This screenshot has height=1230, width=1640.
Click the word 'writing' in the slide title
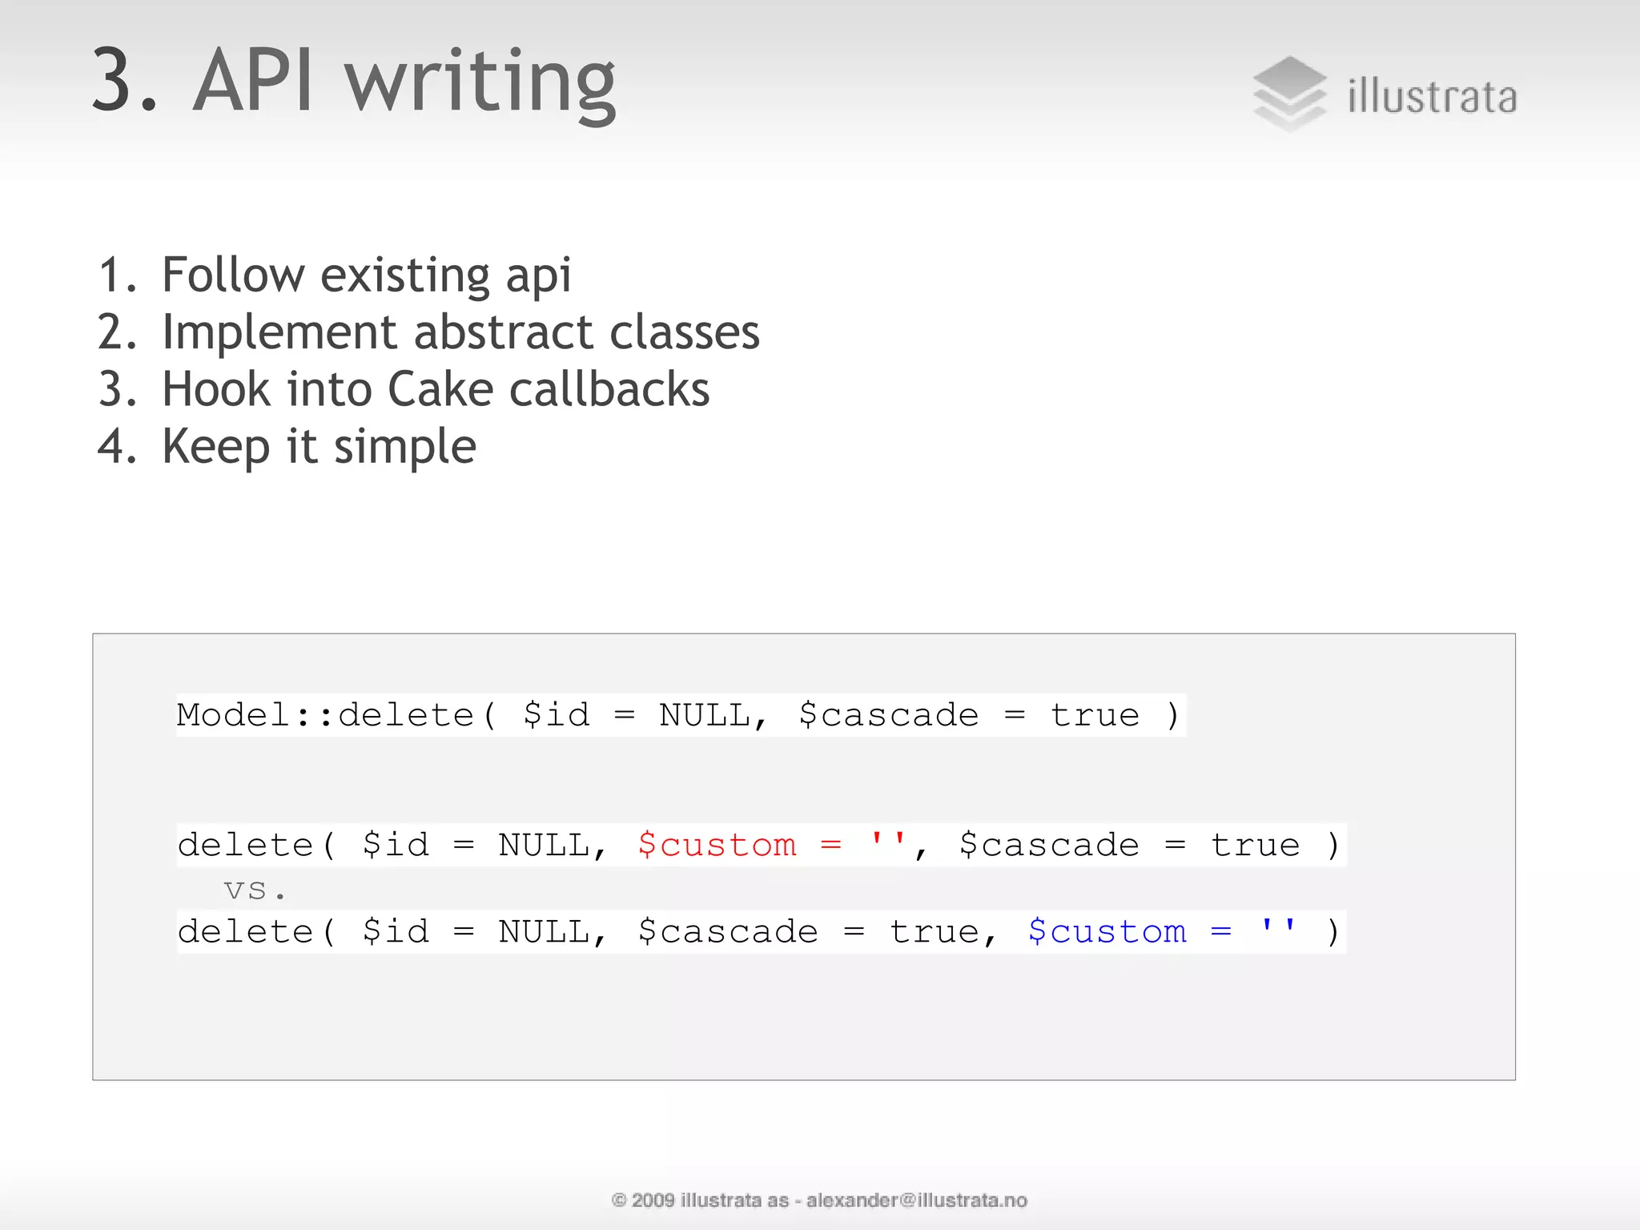(480, 82)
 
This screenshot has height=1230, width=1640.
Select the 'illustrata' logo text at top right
(1432, 98)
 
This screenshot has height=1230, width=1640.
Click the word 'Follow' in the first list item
(233, 275)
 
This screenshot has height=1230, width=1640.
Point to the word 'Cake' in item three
(440, 390)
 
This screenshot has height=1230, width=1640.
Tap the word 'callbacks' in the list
(609, 390)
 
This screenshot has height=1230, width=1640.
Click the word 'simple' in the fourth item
(404, 447)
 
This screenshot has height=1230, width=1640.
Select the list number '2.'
(118, 332)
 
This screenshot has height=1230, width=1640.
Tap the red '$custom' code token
(717, 845)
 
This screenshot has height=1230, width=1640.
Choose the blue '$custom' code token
(1107, 931)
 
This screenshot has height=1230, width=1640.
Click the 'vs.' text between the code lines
(255, 890)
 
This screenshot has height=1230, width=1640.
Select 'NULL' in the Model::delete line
(705, 715)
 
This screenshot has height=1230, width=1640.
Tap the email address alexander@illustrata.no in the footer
(916, 1200)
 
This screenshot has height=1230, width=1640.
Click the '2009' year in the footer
(653, 1200)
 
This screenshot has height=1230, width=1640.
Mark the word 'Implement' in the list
(279, 332)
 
